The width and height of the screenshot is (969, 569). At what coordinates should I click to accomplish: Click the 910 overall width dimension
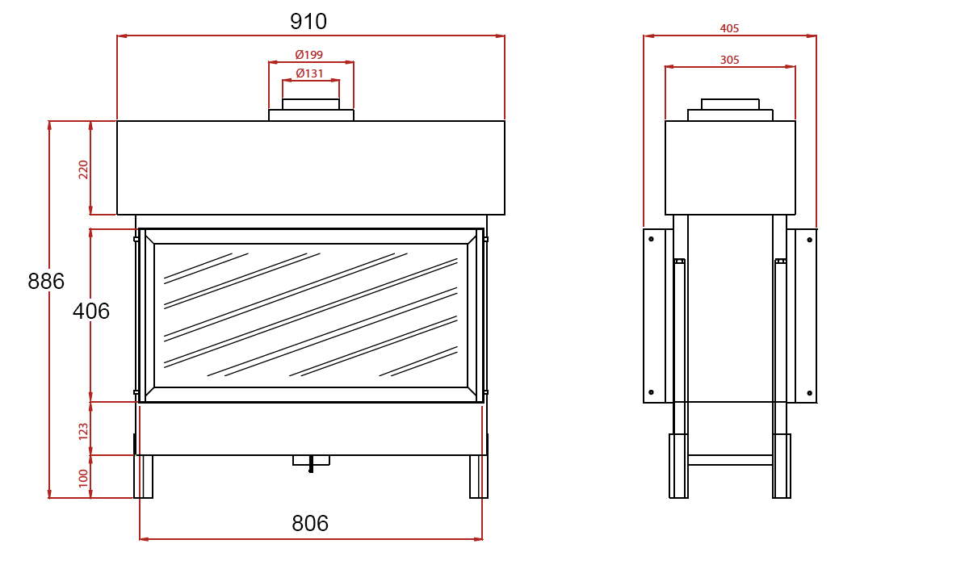tap(308, 22)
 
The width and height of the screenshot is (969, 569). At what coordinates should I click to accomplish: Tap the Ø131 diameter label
tap(309, 73)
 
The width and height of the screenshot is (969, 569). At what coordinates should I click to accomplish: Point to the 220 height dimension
tap(83, 169)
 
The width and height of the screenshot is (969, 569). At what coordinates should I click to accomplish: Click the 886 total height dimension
tap(46, 282)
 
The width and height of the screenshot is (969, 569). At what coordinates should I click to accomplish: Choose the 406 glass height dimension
tap(91, 312)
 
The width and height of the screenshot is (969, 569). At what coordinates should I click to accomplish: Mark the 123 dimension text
tap(83, 431)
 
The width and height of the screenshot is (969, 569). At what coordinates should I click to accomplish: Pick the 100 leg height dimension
tap(83, 478)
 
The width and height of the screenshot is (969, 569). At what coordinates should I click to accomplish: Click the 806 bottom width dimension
tap(310, 524)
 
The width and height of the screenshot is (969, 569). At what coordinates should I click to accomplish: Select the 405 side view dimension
tap(729, 28)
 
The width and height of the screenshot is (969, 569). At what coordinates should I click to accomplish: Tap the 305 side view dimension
tap(729, 60)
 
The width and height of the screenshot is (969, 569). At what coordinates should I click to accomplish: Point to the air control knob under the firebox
tap(311, 462)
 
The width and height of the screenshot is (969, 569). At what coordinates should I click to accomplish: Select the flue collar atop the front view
tap(311, 110)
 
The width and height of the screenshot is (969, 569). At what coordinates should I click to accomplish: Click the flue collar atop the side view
tap(730, 110)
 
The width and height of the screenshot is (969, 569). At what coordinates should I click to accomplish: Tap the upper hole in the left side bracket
tap(651, 239)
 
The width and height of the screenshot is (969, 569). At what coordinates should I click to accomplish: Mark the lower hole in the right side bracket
tap(810, 394)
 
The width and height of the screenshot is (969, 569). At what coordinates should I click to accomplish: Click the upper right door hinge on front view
tap(485, 239)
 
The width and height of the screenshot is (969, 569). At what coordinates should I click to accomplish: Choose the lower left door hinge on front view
tap(136, 392)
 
